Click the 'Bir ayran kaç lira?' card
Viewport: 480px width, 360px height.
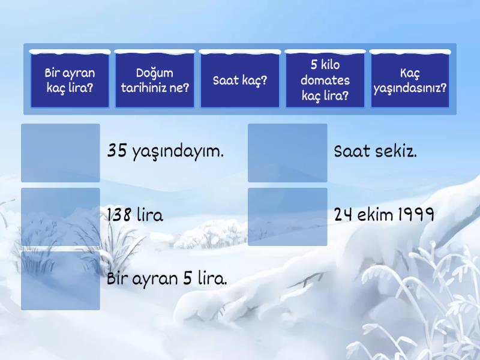click(x=70, y=80)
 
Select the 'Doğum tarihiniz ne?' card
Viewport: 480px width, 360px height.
click(x=155, y=80)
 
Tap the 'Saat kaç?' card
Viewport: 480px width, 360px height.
click(x=240, y=80)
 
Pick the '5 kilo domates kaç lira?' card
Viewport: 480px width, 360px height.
click(x=325, y=80)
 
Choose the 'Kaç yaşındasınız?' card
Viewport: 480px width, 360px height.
click(x=410, y=80)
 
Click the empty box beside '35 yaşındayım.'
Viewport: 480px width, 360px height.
click(x=61, y=153)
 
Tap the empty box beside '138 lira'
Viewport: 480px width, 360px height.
click(x=61, y=217)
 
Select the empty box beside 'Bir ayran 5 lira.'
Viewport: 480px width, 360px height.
click(x=61, y=280)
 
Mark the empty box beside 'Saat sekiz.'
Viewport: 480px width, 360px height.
click(x=287, y=153)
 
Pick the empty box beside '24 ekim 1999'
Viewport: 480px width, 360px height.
click(x=287, y=217)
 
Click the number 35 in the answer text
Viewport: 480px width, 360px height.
click(x=116, y=151)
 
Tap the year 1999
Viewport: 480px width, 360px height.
click(x=416, y=215)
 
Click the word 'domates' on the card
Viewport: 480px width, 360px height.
click(x=325, y=80)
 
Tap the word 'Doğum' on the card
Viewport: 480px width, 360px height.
click(x=154, y=74)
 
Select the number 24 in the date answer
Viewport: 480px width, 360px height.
click(x=343, y=215)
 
